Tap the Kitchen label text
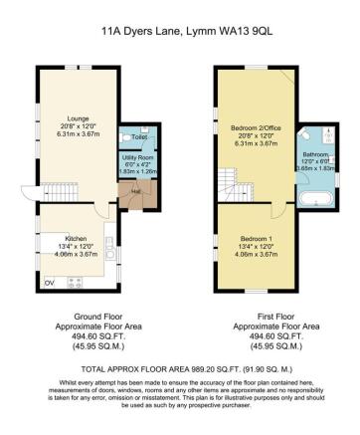tap(77, 239)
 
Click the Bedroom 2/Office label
tap(255, 129)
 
